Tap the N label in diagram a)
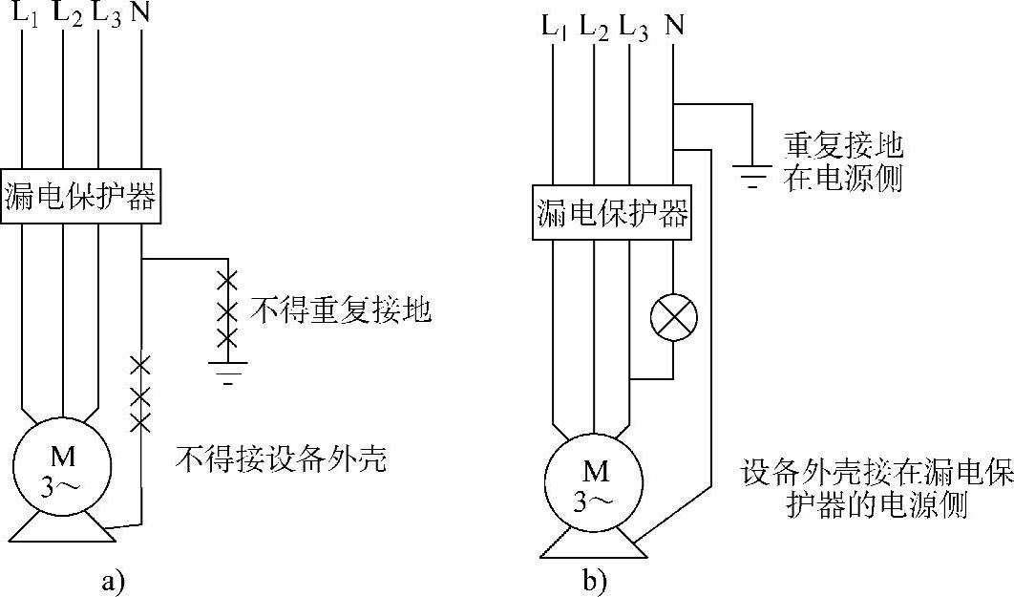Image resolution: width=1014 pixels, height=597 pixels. (141, 13)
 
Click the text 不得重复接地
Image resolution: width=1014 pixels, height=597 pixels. (340, 310)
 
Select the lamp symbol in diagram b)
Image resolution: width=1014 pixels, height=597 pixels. (673, 317)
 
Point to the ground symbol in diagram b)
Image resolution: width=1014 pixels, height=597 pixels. (752, 175)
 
